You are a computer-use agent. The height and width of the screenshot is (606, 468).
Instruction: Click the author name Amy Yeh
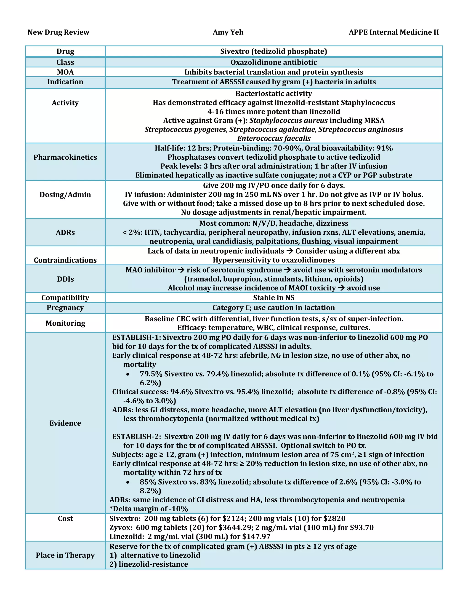click(228, 32)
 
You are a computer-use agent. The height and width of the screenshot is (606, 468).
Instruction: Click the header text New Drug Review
click(58, 32)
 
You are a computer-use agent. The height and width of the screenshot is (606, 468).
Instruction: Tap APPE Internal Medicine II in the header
click(394, 32)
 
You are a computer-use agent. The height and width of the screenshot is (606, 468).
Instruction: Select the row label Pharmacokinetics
click(65, 157)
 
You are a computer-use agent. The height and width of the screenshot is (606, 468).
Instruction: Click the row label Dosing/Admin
click(65, 195)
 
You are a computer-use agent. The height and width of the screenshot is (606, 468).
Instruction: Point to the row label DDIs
click(65, 279)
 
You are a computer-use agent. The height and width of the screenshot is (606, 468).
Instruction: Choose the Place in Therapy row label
click(65, 555)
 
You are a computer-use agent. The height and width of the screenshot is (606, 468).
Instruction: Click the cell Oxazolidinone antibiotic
click(274, 62)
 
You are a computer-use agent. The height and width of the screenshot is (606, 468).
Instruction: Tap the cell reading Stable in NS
click(274, 298)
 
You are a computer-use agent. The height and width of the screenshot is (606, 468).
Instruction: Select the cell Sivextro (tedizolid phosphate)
click(274, 51)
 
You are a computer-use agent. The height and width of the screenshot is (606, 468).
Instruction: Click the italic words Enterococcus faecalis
click(274, 138)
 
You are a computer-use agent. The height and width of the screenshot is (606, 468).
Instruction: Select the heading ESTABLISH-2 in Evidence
click(136, 437)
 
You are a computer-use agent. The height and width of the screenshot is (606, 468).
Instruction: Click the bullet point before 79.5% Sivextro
click(128, 374)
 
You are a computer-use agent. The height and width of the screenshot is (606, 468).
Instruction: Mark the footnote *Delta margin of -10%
click(149, 509)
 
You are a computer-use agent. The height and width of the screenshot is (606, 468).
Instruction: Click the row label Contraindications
click(65, 260)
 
